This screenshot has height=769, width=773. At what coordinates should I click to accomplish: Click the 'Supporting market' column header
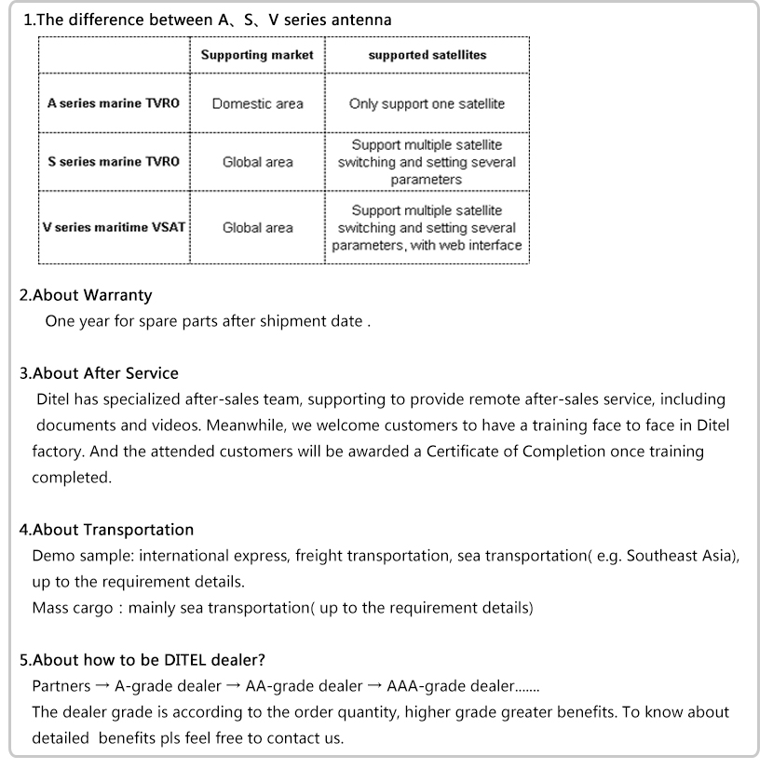click(257, 55)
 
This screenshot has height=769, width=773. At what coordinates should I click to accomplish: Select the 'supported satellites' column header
click(427, 55)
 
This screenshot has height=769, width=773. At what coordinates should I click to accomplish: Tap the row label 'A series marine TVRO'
click(113, 103)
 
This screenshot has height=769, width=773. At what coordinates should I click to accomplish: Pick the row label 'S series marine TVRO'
click(113, 161)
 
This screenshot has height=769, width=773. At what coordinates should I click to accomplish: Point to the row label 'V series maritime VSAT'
click(115, 227)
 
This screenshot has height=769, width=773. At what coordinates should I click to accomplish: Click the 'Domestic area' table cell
click(257, 103)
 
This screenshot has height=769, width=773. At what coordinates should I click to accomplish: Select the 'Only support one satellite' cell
click(427, 103)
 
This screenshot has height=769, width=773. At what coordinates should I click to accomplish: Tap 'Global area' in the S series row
click(257, 162)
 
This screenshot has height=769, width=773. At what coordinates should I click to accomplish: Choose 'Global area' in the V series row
click(257, 227)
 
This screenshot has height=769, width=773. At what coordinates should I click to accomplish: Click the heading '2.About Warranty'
click(86, 295)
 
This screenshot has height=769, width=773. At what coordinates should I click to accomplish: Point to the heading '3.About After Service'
click(99, 373)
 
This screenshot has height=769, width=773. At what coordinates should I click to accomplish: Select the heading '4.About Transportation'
click(107, 530)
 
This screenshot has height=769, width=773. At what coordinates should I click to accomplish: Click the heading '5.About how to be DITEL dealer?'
click(142, 660)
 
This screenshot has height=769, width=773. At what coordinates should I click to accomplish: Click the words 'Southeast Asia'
click(679, 556)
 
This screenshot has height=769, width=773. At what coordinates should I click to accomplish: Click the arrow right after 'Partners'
click(102, 686)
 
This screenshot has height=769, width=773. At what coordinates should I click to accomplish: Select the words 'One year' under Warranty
click(75, 321)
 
